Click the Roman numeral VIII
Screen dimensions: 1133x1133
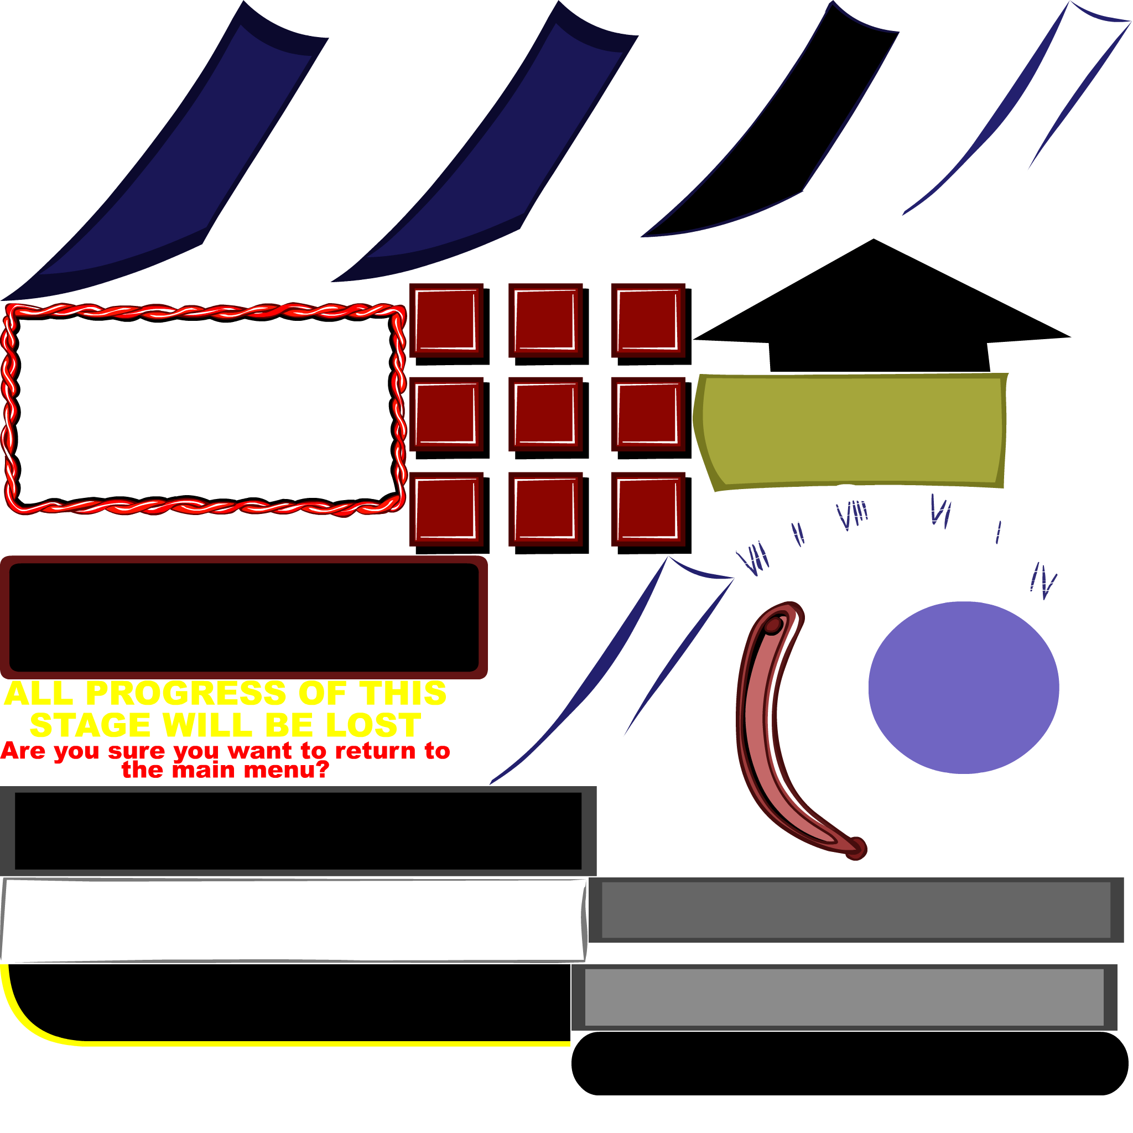click(851, 516)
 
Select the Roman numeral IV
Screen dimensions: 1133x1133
click(1043, 581)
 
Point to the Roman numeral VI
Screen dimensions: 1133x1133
click(940, 511)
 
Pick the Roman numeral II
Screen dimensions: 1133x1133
click(798, 533)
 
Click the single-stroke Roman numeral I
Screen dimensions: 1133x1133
click(998, 532)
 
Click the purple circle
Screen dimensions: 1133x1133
click(964, 687)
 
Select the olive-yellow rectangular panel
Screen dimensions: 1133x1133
click(850, 431)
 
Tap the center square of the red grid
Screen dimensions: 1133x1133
click(545, 414)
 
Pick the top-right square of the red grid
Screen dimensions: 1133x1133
click(648, 320)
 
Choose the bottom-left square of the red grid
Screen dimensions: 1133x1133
click(446, 509)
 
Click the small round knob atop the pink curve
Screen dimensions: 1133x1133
click(773, 626)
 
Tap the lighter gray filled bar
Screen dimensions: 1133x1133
click(844, 997)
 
